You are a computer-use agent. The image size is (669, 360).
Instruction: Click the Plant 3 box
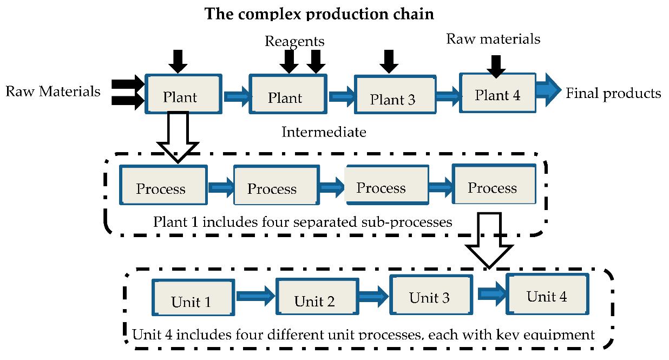[x=395, y=94]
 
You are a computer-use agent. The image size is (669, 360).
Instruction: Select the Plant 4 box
[x=497, y=93]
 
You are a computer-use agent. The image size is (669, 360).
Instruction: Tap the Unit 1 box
[x=193, y=298]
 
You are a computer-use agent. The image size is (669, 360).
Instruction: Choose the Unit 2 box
[x=317, y=296]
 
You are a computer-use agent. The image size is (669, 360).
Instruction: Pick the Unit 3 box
[x=431, y=295]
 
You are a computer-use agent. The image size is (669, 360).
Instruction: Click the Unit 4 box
[x=547, y=294]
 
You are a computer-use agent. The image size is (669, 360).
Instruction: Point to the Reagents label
[x=294, y=41]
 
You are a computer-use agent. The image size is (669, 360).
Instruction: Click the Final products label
[x=613, y=93]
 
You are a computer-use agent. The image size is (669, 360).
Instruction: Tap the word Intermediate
[x=324, y=132]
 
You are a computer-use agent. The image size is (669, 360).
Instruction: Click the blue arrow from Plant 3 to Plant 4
[x=448, y=96]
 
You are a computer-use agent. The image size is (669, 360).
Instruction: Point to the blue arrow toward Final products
[x=549, y=90]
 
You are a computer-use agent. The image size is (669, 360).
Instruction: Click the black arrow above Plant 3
[x=389, y=62]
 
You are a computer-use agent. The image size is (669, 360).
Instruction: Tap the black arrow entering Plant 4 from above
[x=496, y=67]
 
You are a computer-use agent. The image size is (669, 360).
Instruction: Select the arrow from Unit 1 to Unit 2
[x=255, y=296]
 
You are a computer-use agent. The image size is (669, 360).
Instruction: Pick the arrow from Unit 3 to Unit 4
[x=492, y=293]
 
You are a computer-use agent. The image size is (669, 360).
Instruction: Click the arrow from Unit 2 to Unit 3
[x=374, y=296]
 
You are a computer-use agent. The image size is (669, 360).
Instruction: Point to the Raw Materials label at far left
[x=53, y=91]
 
